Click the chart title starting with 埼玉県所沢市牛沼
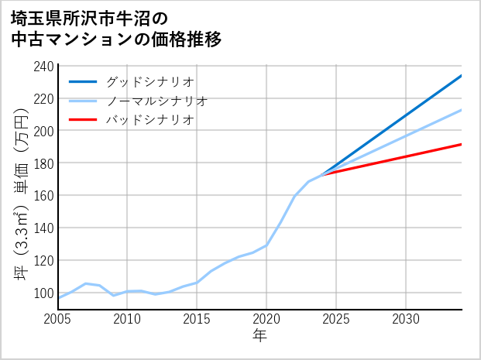point(117,28)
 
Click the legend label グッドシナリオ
point(150,81)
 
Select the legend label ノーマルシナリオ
point(157,101)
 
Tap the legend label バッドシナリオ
point(150,120)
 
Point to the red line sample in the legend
point(83,120)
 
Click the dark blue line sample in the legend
point(83,81)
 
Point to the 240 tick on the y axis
point(43,67)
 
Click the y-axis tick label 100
point(43,293)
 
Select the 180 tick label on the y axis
point(43,163)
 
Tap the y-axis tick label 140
point(43,228)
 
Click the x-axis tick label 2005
point(57,319)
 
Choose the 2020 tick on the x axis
point(266,319)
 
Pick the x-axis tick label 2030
point(406,319)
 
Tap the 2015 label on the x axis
point(197,319)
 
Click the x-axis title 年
point(259,336)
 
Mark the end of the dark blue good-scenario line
point(462,76)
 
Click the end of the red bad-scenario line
point(462,144)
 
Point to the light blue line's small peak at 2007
point(85,283)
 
